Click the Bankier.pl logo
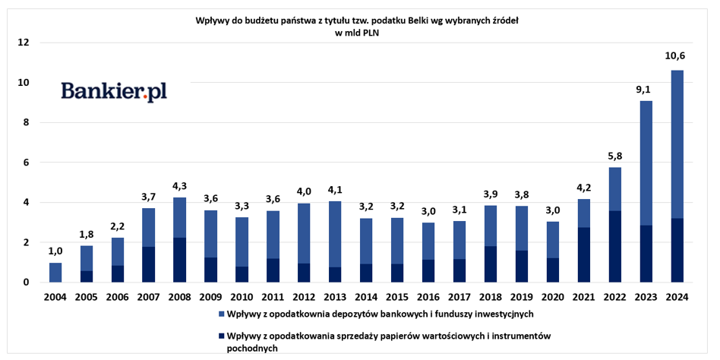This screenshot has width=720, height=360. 114,92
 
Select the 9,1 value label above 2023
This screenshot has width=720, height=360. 645,88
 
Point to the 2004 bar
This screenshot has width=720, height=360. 55,273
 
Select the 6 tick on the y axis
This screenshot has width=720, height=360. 26,163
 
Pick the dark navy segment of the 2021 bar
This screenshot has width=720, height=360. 583,254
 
